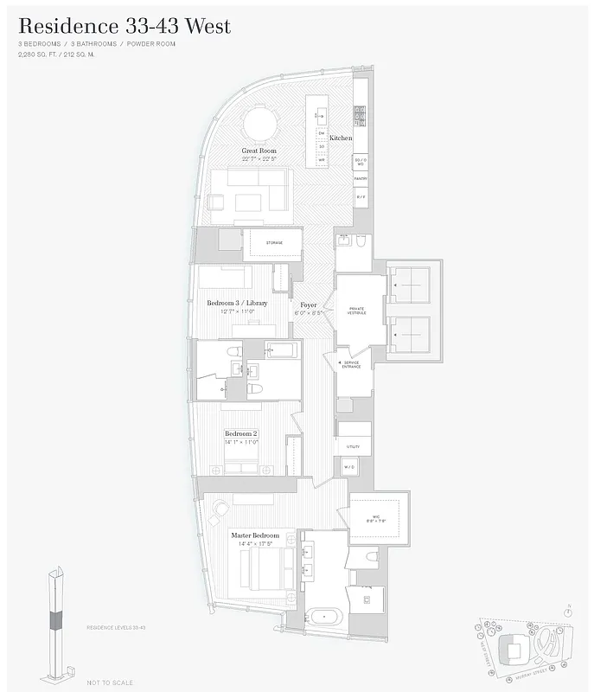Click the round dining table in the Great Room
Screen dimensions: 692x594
coord(259,123)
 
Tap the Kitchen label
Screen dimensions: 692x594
coord(341,138)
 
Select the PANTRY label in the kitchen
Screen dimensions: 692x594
coord(361,178)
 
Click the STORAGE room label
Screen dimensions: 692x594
coord(274,243)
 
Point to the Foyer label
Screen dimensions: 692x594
coord(308,304)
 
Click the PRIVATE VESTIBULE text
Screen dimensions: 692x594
coord(357,311)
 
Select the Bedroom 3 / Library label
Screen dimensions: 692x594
coord(237,303)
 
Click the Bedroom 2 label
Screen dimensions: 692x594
coord(241,432)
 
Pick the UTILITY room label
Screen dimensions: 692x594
coord(353,446)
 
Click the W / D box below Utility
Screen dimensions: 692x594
coord(348,467)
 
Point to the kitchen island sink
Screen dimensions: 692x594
coord(320,113)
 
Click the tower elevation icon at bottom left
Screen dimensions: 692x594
coord(56,618)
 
